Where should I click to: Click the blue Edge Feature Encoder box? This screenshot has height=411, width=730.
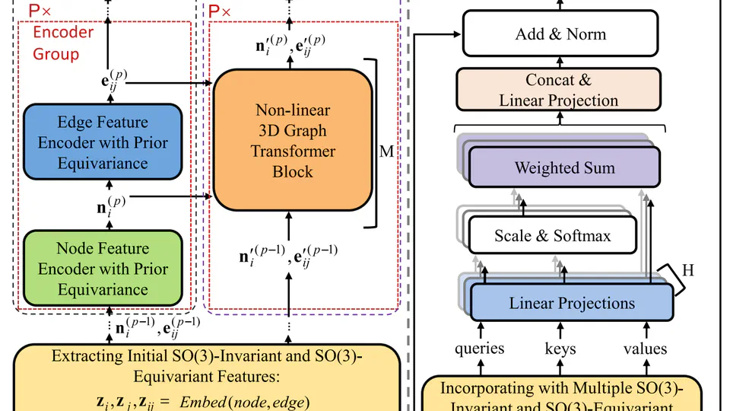pos(103,142)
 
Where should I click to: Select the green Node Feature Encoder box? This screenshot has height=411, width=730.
pos(103,269)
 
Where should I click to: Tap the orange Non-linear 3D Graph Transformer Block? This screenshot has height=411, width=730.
pos(292,142)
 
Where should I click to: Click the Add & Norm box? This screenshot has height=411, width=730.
pos(560,33)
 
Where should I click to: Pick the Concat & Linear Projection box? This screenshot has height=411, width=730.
pos(559,89)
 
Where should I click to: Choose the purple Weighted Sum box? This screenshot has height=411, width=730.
pos(563,167)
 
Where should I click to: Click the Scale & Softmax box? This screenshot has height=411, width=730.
pos(552,235)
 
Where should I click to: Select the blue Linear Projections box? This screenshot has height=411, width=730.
pos(571,302)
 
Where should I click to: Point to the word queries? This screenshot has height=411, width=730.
pos(480,349)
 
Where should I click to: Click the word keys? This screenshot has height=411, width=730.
pos(560,349)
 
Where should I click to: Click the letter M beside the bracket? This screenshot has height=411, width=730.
pos(386,151)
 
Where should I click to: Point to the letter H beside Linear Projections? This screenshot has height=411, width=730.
pos(688,269)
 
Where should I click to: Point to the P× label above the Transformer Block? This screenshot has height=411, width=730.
pos(221,12)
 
